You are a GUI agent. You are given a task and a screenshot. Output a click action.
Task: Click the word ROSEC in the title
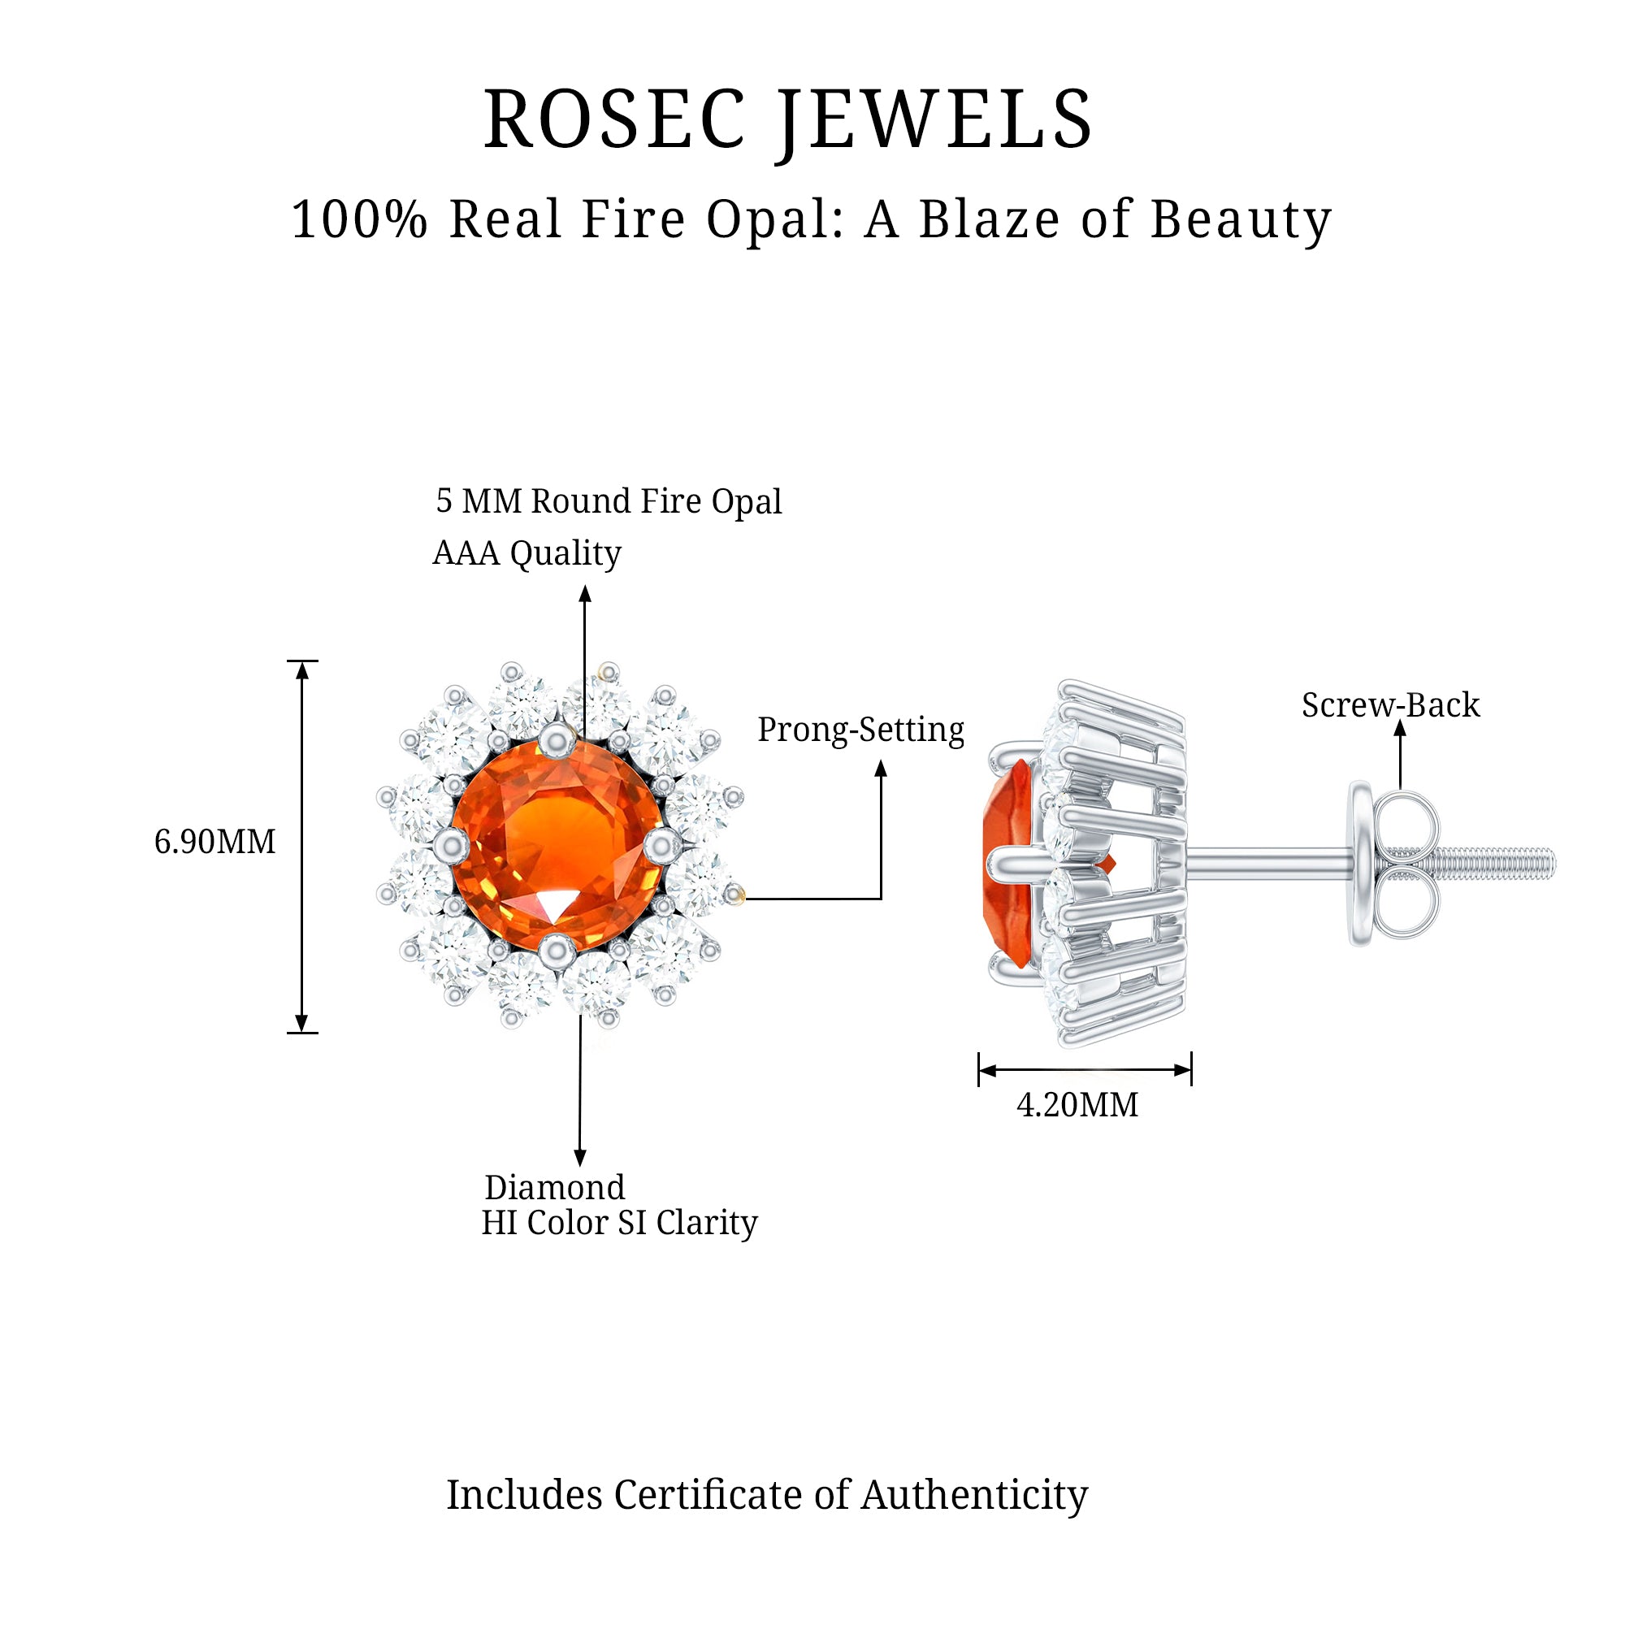613,120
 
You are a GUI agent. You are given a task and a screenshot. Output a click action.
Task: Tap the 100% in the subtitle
359,219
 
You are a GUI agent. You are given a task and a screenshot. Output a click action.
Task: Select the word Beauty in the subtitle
1241,221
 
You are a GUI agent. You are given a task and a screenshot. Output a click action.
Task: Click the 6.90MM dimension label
214,842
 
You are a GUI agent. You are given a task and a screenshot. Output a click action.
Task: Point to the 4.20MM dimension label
1077,1105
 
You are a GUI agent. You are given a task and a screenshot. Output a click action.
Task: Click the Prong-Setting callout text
860,730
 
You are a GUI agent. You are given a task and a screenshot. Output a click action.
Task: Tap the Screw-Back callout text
1390,704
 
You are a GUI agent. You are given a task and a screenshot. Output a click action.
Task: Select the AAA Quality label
526,553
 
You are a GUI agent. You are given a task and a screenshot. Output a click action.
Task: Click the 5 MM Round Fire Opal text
608,501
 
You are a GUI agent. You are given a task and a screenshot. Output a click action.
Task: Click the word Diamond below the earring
554,1188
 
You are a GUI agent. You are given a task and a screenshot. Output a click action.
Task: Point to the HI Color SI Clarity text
619,1223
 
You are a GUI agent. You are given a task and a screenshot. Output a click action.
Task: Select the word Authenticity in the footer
974,1496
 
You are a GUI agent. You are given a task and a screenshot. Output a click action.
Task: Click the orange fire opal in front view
556,845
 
